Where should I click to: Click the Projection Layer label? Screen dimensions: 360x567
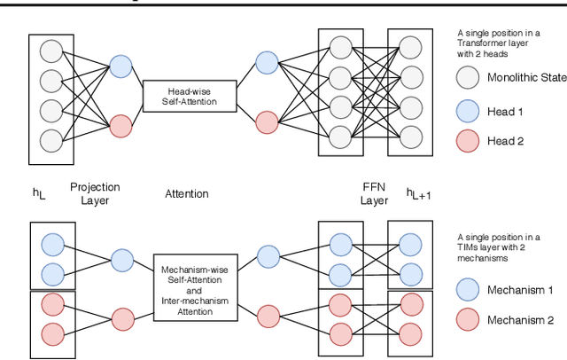[94, 193]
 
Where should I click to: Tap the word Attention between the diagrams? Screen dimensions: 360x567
[186, 193]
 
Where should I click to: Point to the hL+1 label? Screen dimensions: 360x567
[421, 194]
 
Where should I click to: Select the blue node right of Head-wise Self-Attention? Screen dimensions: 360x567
[267, 60]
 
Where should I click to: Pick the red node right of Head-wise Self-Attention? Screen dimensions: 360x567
[267, 121]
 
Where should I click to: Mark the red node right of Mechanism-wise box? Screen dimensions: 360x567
[268, 313]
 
